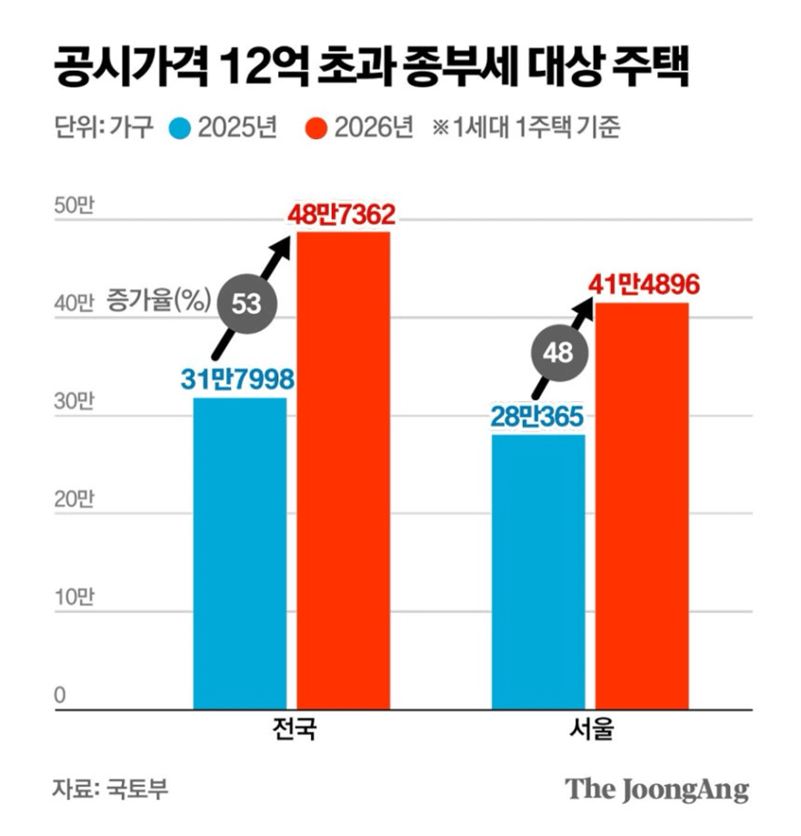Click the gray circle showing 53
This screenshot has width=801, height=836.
pos(246,304)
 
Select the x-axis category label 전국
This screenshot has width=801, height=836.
pos(293,730)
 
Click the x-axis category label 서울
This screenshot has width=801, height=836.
pos(590,730)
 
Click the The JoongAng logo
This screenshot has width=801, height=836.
pos(656,788)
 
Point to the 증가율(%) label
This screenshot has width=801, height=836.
pos(159,297)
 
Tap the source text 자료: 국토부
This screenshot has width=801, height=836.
pos(110,788)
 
